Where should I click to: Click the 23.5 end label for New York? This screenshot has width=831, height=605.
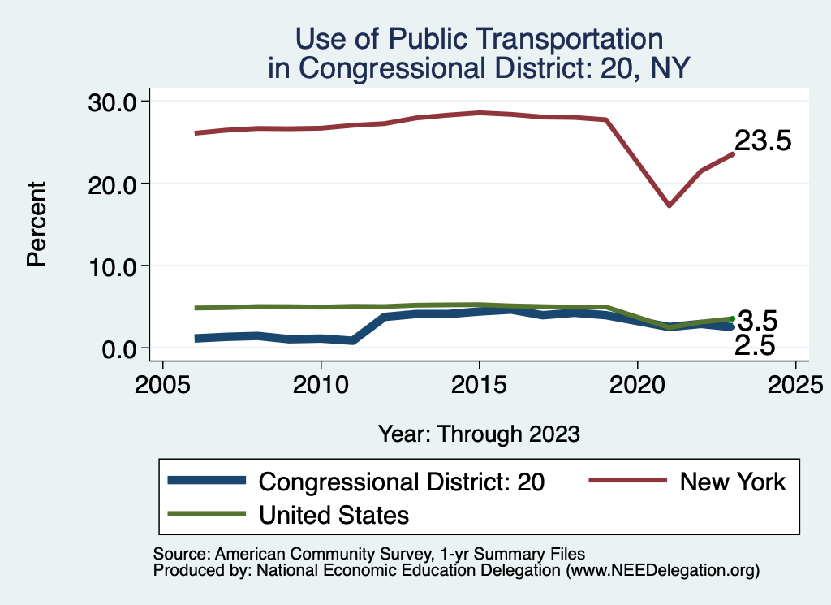762,141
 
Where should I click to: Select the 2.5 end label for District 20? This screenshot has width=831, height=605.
754,347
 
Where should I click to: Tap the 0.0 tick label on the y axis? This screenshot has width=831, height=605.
120,348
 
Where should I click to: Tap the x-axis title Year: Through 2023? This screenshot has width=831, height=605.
479,434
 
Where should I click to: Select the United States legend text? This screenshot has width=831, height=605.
334,515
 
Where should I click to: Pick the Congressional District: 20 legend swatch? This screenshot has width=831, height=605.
206,481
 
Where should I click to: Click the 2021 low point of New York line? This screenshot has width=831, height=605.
669,205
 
